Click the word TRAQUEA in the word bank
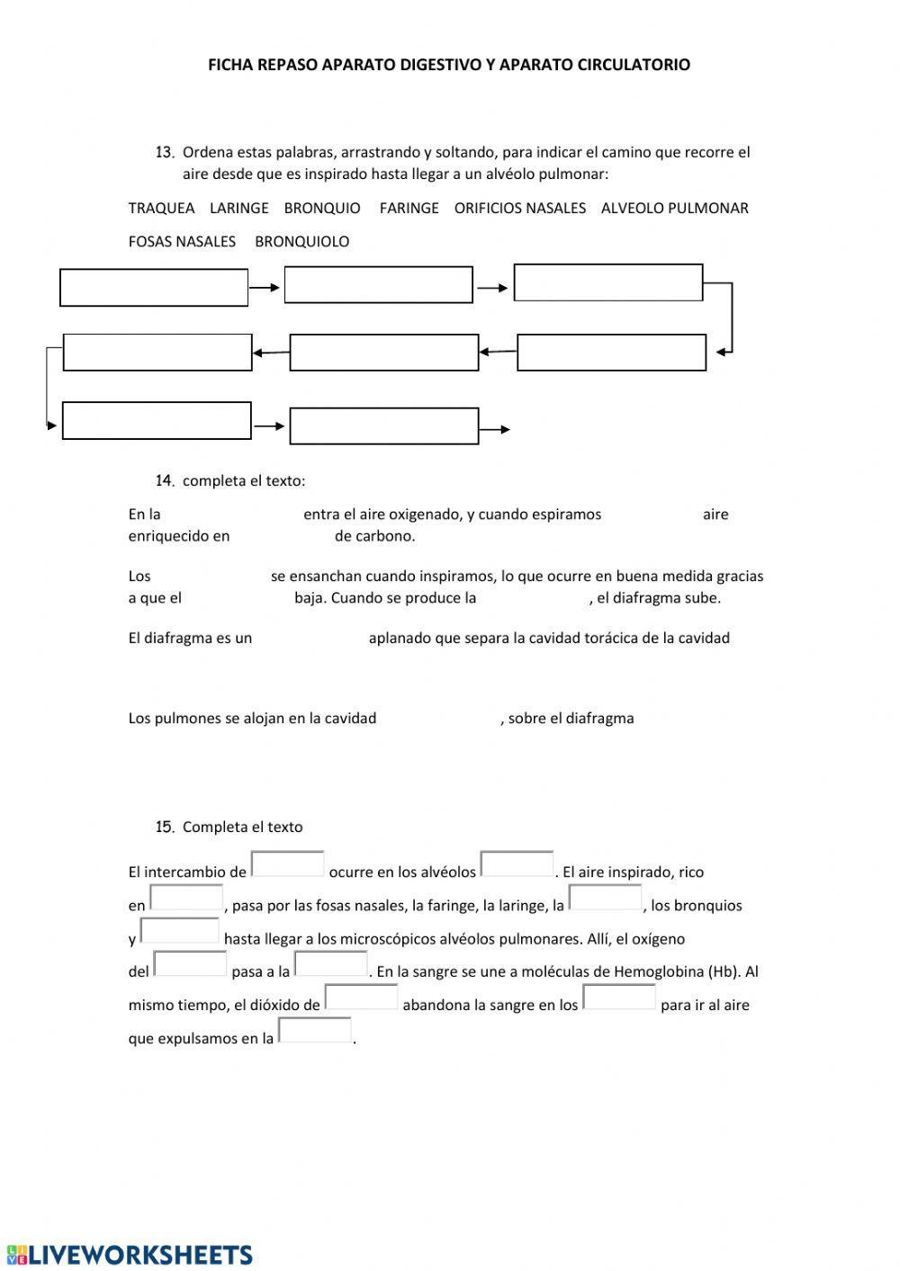click(x=161, y=208)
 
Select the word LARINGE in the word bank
click(x=238, y=208)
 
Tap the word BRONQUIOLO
click(x=301, y=241)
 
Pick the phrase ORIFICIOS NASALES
click(x=519, y=208)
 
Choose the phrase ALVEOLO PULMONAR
click(x=674, y=208)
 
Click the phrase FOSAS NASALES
click(x=182, y=241)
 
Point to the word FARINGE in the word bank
click(x=409, y=208)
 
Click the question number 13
click(x=164, y=152)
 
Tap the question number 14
click(x=164, y=480)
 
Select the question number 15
click(x=164, y=827)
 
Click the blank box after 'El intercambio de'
click(x=287, y=864)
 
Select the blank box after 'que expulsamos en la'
click(x=314, y=1031)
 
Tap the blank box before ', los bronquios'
click(x=605, y=899)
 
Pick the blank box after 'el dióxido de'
click(x=361, y=998)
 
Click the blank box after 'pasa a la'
click(x=331, y=964)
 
